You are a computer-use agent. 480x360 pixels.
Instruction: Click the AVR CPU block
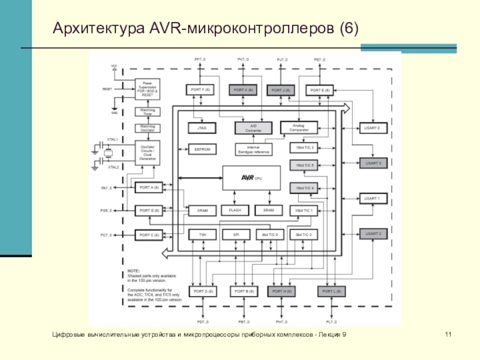[251, 178]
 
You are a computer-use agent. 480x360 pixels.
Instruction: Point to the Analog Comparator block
[298, 127]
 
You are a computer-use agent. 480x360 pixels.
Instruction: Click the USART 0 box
[373, 128]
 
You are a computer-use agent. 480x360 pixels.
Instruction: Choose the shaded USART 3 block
[373, 163]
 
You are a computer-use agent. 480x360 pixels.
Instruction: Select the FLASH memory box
[235, 211]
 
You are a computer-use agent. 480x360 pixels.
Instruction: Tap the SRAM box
[268, 211]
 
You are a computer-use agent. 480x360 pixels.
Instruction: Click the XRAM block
[202, 211]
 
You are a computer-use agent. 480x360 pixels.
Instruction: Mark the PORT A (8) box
[149, 187]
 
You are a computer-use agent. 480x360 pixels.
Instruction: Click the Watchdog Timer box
[147, 112]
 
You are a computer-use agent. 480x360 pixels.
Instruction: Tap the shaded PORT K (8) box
[242, 90]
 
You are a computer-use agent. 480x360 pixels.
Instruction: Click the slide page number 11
[448, 334]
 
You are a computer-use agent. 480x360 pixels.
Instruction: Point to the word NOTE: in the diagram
[133, 271]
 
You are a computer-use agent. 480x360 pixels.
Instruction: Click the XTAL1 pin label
[112, 139]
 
